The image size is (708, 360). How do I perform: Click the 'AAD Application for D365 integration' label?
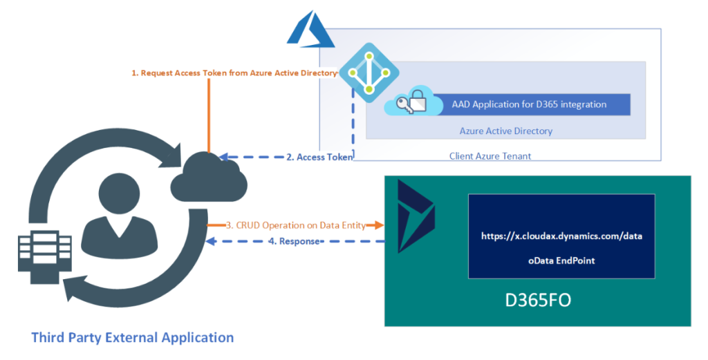529,104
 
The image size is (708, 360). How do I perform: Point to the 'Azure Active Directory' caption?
505,131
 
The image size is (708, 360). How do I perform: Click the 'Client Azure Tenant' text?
490,156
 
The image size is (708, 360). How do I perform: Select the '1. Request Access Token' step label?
234,73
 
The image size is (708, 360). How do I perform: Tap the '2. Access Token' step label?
319,157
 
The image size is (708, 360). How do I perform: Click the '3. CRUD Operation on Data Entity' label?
291,225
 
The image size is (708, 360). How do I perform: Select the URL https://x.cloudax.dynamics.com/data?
561,236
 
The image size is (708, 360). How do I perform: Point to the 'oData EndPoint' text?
561,260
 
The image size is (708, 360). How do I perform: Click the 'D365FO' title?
538,302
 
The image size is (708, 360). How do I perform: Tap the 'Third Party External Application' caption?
133,338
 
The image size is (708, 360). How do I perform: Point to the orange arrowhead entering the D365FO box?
379,225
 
